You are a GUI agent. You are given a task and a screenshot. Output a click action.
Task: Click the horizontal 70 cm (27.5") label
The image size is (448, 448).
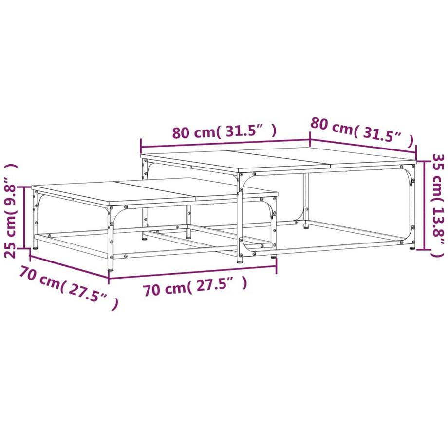[x=195, y=288]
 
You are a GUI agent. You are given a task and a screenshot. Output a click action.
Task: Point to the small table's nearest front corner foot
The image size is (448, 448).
[x=112, y=267]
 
